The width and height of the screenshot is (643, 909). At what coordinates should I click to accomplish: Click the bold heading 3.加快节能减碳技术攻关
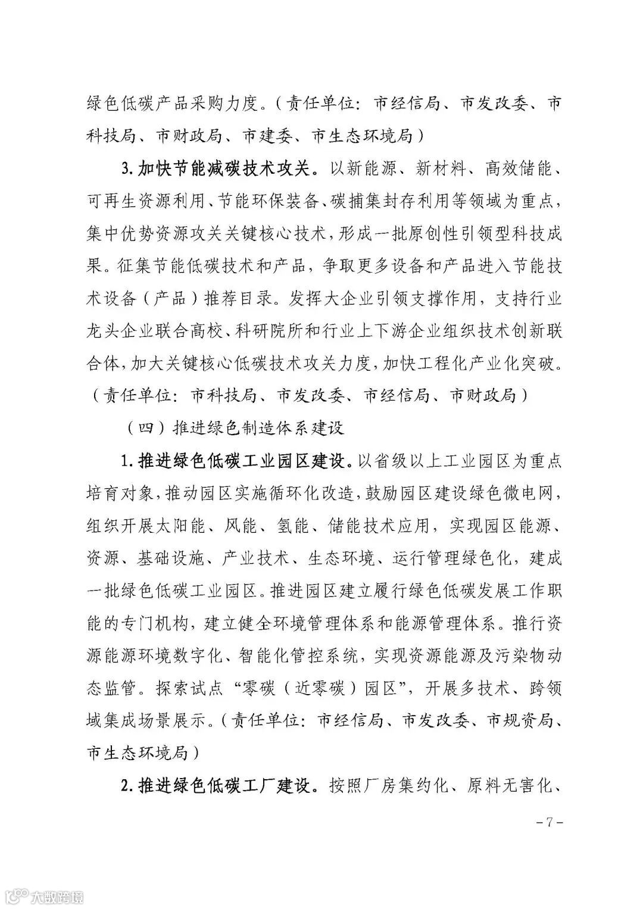[224, 169]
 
